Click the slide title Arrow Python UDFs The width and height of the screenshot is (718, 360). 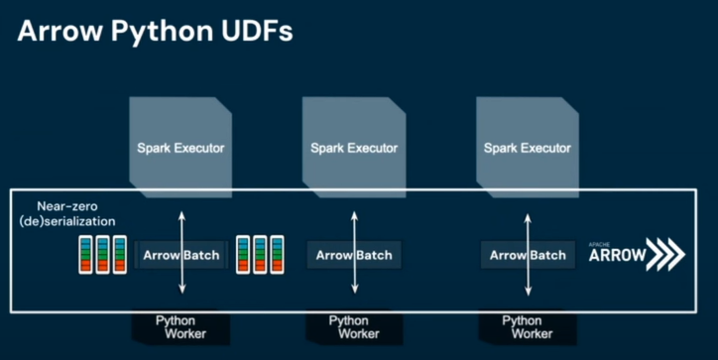tap(155, 31)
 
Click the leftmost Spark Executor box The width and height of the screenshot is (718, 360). tap(180, 148)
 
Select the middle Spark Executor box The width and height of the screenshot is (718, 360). tap(354, 148)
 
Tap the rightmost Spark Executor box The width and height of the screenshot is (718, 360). tap(528, 148)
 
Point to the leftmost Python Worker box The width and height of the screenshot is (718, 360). tap(180, 327)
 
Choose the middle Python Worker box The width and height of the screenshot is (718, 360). tap(354, 327)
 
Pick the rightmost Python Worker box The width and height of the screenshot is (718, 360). tap(528, 327)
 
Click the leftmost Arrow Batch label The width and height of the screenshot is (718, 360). tap(181, 255)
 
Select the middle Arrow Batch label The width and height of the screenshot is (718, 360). tap(354, 255)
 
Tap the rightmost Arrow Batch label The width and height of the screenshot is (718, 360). tap(528, 255)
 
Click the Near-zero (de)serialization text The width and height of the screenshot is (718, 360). tap(67, 214)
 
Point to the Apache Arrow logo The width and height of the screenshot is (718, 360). tap(637, 254)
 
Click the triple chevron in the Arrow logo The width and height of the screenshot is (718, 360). tap(666, 254)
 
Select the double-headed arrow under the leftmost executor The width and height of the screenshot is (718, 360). tap(181, 252)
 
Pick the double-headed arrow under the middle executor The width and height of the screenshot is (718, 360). tap(354, 252)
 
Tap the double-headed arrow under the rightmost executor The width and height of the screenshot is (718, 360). tap(528, 255)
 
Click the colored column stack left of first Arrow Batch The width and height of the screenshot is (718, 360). tap(102, 255)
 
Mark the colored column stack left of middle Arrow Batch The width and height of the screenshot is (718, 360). tap(260, 255)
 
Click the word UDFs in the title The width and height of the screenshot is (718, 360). tap(257, 31)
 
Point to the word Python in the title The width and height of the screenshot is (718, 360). tap(162, 32)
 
